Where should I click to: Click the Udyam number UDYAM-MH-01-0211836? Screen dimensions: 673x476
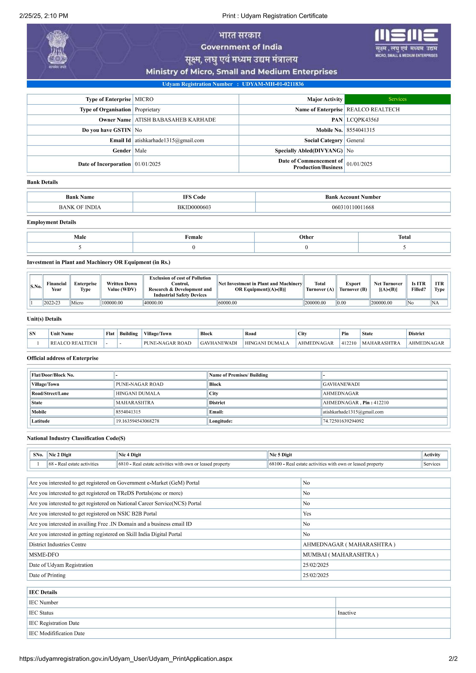273,84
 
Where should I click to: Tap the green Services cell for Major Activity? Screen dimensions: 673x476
397,99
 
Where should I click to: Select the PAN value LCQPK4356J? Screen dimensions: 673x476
362,120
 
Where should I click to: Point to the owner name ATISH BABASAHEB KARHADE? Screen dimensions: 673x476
175,120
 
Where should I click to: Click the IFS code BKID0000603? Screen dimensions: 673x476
194,207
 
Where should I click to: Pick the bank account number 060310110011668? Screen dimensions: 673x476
353,207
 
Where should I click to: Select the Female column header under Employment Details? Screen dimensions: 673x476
193,237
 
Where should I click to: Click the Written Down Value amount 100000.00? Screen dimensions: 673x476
112,303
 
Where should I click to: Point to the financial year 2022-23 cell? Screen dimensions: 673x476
52,303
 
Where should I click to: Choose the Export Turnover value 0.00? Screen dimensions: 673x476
342,303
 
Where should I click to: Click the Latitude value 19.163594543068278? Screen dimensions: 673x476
137,421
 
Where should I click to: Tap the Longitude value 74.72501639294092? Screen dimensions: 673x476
343,421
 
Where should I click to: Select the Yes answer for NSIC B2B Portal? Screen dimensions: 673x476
307,514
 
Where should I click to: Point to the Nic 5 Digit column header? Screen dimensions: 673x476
280,455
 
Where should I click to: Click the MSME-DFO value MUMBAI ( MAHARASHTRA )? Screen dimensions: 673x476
340,555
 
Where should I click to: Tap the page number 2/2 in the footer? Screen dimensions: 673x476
453,659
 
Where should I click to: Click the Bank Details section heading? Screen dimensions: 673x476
43,182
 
